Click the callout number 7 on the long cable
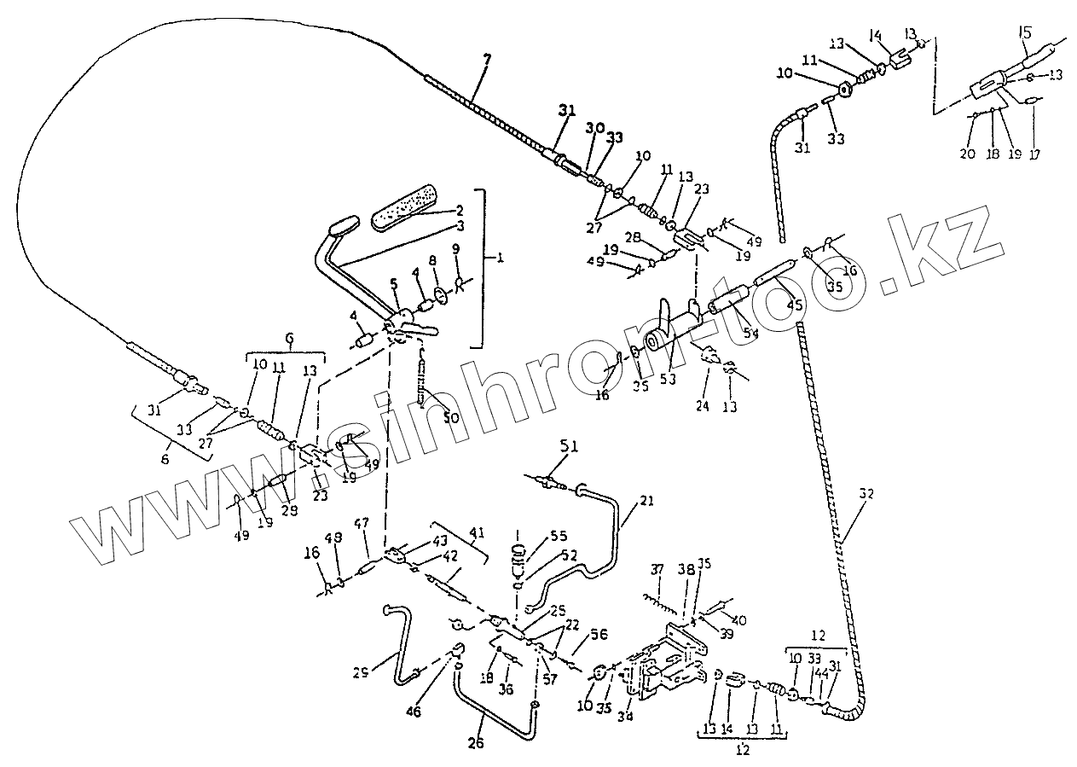pos(487,61)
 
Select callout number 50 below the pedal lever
pos(451,418)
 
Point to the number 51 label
pos(569,445)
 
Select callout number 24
pos(703,407)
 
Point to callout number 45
pos(794,304)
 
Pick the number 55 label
pos(559,537)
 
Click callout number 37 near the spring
pos(657,570)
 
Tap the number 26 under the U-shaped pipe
pos(476,743)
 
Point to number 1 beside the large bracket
pos(498,254)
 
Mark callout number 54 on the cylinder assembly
pos(750,334)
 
